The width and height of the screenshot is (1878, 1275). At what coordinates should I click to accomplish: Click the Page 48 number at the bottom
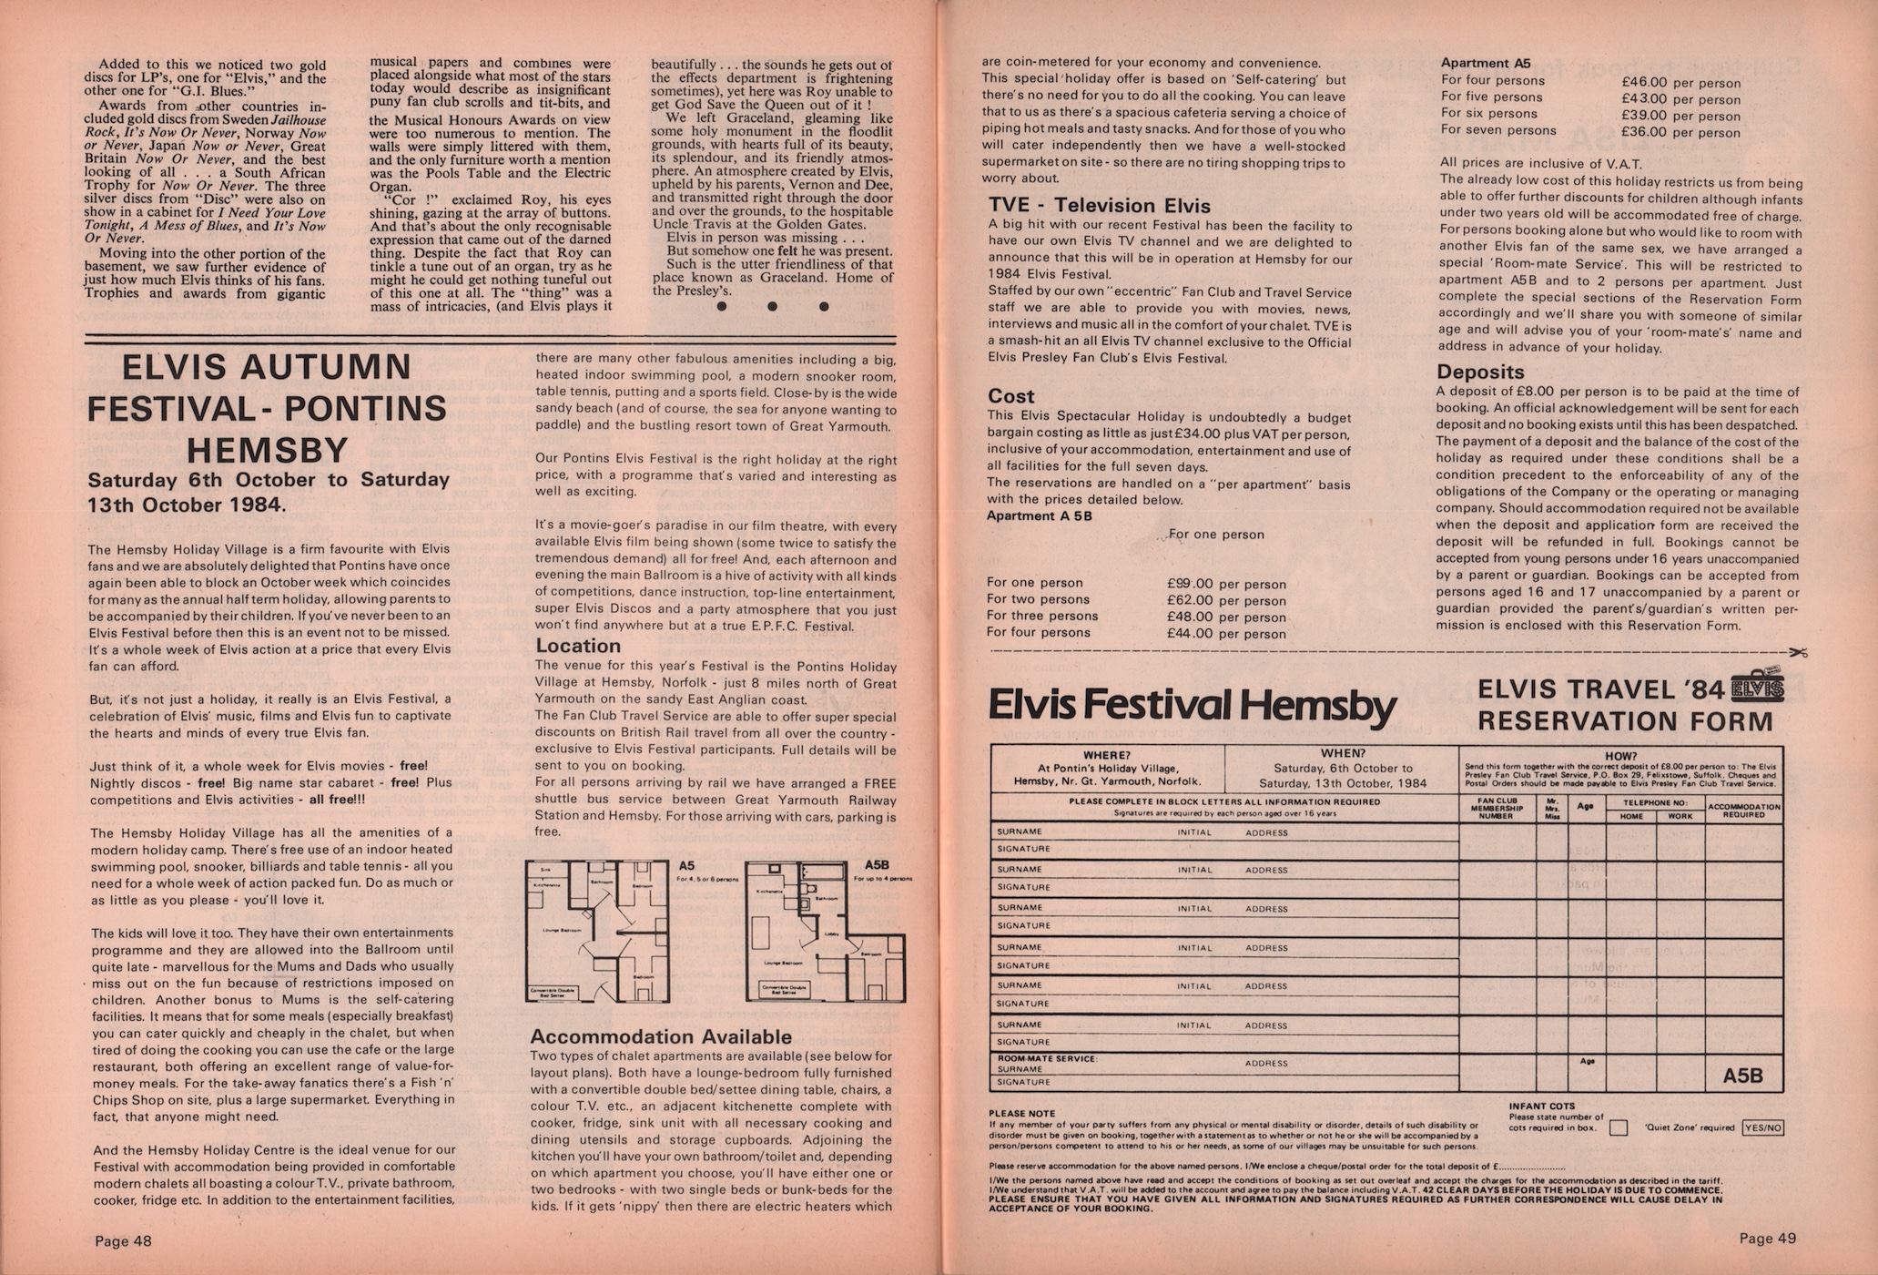pos(123,1240)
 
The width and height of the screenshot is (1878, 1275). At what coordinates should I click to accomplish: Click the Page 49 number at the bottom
pos(1767,1239)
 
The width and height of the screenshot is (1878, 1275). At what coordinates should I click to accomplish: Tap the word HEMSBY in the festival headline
pos(267,450)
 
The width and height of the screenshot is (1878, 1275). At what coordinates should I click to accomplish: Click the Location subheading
pos(577,646)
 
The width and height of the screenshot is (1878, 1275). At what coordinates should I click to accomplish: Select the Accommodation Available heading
pos(661,1036)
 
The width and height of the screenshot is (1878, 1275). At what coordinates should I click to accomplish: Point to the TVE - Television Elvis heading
pos(1099,206)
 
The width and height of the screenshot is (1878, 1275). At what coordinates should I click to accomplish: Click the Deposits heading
pos(1479,372)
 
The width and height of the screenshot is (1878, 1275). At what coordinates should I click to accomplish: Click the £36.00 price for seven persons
pos(1644,132)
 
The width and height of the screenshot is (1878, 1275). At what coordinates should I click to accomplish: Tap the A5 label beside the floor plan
pos(686,866)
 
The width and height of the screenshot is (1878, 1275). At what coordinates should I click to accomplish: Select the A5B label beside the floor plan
pos(877,865)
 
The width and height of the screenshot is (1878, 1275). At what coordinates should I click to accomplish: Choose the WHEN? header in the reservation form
pos(1342,753)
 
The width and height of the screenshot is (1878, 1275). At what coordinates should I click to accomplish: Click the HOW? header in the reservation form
pos(1620,756)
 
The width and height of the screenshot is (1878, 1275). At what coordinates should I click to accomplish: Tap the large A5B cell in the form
pos(1742,1076)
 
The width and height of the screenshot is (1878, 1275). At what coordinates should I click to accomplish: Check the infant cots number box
pos(1618,1127)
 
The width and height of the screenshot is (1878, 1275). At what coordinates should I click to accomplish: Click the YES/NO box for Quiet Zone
pos(1762,1127)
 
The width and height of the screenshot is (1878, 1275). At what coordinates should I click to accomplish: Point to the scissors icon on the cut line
pos(1797,652)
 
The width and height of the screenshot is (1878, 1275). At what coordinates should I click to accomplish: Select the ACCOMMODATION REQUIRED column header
pos(1743,811)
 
